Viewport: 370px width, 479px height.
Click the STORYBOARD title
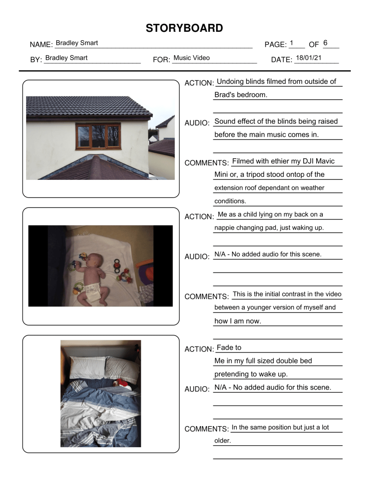(x=184, y=28)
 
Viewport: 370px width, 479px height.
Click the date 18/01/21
(x=308, y=58)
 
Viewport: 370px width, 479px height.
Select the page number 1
(x=291, y=43)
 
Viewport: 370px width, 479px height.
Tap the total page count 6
(x=325, y=43)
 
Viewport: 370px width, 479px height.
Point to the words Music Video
(x=191, y=58)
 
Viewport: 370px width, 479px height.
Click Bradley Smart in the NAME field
(x=77, y=43)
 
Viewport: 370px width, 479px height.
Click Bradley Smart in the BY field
(x=66, y=58)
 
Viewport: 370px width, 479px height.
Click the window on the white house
(x=98, y=136)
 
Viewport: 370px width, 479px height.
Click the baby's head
(x=96, y=260)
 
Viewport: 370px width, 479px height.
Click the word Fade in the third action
(x=224, y=348)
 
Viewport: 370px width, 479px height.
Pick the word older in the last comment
(x=223, y=441)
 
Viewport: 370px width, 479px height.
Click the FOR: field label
(x=161, y=59)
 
